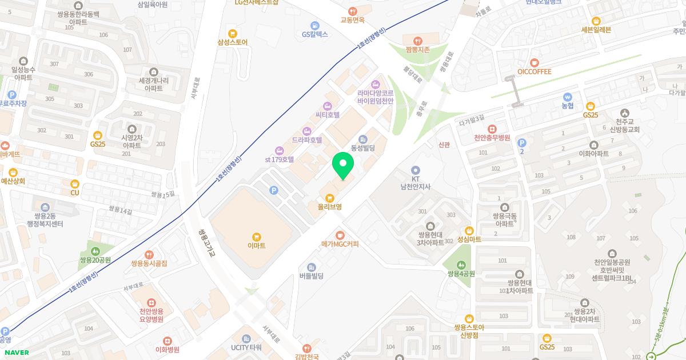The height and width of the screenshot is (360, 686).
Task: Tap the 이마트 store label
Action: click(x=257, y=245)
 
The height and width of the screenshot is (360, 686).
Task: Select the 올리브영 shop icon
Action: click(x=330, y=197)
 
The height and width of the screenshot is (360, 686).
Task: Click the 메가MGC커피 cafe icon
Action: click(x=340, y=234)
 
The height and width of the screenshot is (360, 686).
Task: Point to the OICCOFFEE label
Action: click(x=534, y=71)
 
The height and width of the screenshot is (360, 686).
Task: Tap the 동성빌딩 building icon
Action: click(x=362, y=139)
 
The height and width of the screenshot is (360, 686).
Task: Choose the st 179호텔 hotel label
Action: click(x=279, y=160)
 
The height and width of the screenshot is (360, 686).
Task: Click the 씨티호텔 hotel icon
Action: click(x=327, y=106)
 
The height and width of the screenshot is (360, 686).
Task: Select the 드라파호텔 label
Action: click(x=306, y=139)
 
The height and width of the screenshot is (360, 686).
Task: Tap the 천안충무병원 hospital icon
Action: click(x=492, y=129)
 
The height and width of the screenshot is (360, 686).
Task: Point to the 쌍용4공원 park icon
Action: click(x=461, y=265)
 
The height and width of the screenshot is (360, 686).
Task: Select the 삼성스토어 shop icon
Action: click(x=232, y=33)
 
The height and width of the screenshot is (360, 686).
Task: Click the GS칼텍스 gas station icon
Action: click(x=314, y=25)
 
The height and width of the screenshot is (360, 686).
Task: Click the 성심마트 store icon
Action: click(x=469, y=230)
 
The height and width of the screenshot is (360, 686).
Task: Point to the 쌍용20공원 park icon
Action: click(x=95, y=251)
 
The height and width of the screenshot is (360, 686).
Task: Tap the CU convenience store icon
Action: click(x=74, y=184)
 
